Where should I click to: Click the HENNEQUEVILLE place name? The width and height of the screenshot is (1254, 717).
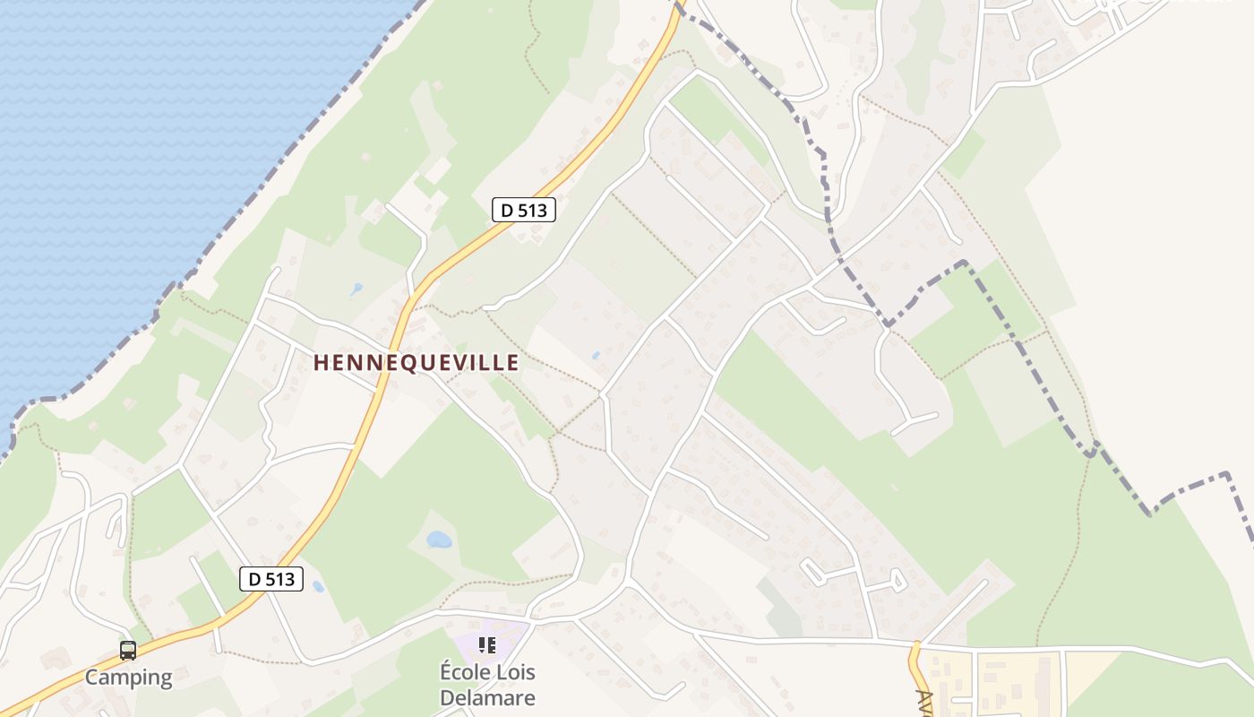[417, 362]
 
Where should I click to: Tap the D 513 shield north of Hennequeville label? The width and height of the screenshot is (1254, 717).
[524, 211]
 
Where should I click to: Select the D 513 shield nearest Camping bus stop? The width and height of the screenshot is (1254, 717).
[272, 579]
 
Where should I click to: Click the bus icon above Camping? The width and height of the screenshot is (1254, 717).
[128, 651]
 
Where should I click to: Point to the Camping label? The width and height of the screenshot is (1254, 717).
[128, 677]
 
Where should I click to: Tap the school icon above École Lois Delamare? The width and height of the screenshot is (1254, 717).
[487, 644]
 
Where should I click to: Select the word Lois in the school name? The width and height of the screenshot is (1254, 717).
[515, 671]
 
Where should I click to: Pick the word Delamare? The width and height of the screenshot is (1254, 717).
[488, 697]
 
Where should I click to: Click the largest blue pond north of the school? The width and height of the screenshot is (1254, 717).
[439, 540]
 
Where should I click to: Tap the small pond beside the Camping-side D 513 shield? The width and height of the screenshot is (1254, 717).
[318, 587]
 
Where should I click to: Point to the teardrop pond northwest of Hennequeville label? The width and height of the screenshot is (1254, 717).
[356, 290]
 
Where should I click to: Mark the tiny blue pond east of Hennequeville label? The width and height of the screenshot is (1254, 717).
[596, 356]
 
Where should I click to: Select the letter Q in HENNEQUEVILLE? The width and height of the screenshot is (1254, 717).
[417, 362]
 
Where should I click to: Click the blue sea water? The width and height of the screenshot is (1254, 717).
[134, 134]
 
